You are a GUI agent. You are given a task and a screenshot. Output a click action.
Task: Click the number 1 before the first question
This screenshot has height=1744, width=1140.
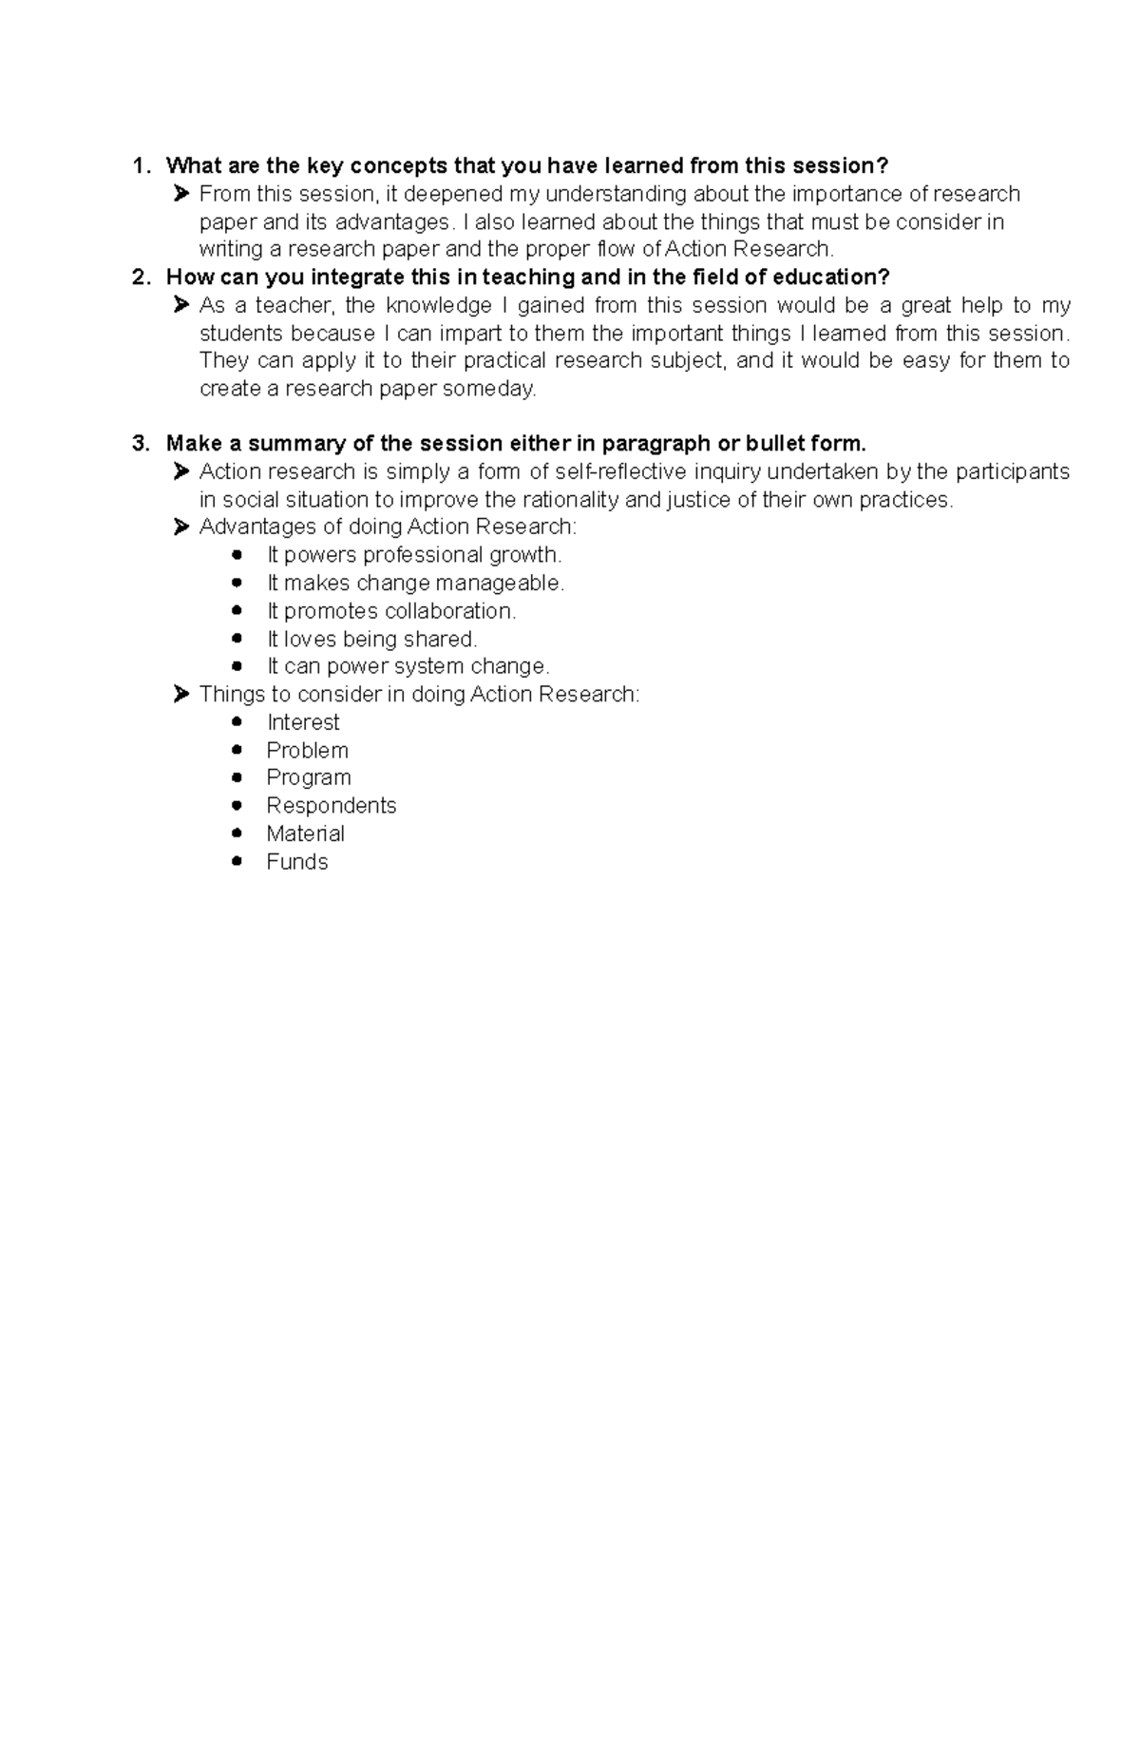tap(139, 166)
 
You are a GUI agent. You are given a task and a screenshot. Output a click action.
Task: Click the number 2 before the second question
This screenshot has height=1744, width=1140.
tap(140, 278)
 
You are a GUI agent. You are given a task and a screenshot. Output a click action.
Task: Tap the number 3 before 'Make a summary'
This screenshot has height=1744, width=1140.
tap(140, 444)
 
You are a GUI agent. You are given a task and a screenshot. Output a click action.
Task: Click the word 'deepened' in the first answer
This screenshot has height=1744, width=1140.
tap(451, 194)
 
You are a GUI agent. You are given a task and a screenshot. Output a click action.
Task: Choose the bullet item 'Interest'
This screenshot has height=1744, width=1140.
tap(303, 722)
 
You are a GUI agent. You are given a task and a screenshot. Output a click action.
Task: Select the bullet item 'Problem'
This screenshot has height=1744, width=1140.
tap(307, 751)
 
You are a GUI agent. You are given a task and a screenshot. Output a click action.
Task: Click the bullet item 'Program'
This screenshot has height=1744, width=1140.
tap(309, 777)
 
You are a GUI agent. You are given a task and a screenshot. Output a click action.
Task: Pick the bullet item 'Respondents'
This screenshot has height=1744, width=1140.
tap(331, 806)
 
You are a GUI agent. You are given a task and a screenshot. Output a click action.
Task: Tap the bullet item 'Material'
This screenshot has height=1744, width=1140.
tap(305, 834)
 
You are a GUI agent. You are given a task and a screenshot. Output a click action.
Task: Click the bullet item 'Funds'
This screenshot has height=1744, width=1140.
tap(296, 862)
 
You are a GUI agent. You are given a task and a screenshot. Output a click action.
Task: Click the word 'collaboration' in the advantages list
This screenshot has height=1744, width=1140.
tap(448, 611)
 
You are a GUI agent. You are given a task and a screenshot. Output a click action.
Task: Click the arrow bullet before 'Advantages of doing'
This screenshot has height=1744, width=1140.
tap(181, 527)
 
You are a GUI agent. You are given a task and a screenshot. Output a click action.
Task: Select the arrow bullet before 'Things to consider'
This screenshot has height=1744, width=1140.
tap(181, 695)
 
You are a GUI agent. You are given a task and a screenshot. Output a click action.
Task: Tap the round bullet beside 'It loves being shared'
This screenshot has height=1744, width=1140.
tap(237, 639)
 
